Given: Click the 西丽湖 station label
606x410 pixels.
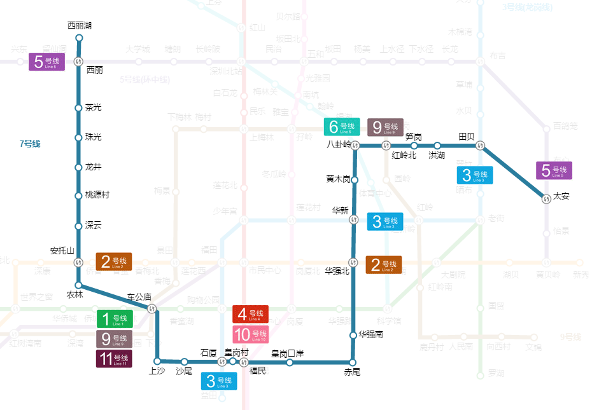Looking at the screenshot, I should [80, 26].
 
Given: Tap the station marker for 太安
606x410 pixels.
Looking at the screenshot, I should [546, 199].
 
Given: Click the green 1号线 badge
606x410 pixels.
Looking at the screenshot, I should [115, 318].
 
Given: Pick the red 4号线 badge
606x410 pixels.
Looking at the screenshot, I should [250, 314].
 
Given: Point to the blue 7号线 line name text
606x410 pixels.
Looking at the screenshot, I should [30, 144].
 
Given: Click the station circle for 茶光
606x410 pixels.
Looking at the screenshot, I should [79, 107].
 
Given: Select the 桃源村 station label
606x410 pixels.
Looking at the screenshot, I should [97, 195].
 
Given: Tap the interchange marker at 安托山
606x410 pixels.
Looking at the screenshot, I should [79, 263].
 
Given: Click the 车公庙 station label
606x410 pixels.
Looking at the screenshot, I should [139, 297].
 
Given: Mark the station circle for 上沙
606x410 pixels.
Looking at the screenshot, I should [157, 361].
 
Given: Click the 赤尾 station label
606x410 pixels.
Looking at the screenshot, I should [352, 372].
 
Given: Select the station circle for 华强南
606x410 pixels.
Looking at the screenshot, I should [353, 335].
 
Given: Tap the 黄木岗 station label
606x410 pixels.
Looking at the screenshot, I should [338, 179].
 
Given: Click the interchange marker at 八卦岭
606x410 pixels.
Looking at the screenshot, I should [355, 146].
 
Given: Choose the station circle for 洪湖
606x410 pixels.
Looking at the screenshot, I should [437, 146].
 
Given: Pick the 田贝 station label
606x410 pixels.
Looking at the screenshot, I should [467, 136].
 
